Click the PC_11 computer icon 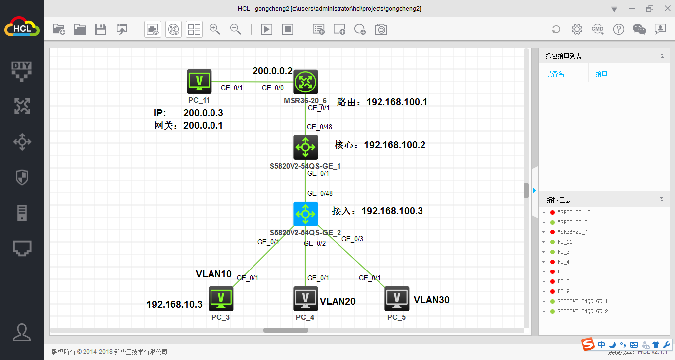[x=199, y=82]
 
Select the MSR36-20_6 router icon [x=305, y=82]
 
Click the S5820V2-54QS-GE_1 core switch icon [x=305, y=147]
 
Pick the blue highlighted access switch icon [x=305, y=214]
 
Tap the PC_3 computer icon [x=221, y=299]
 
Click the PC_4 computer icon [x=305, y=299]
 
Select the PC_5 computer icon [x=397, y=299]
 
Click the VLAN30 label [x=431, y=300]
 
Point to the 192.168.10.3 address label [x=174, y=304]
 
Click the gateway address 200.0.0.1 [x=203, y=125]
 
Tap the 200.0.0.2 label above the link [x=272, y=71]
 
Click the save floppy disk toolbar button [x=101, y=29]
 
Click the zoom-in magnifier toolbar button [x=215, y=29]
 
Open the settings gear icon [x=577, y=29]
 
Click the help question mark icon [x=618, y=29]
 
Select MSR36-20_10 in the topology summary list [x=574, y=212]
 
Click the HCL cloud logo [x=22, y=27]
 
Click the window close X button [x=668, y=9]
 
